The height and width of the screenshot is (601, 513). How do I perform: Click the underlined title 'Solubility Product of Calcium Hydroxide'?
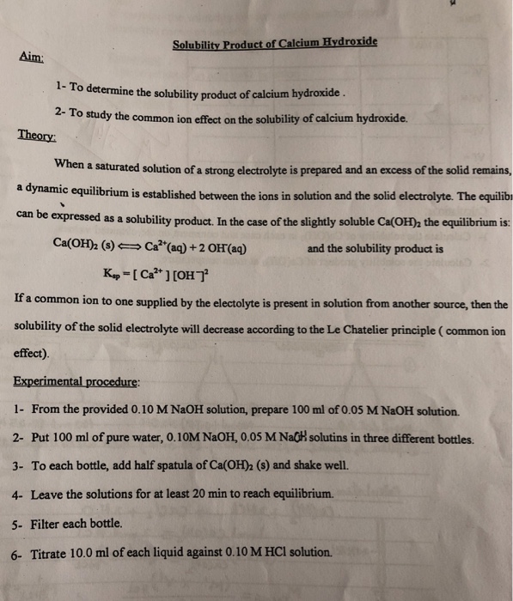pyautogui.click(x=274, y=43)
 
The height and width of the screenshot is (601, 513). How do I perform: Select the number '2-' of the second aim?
pyautogui.click(x=59, y=112)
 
